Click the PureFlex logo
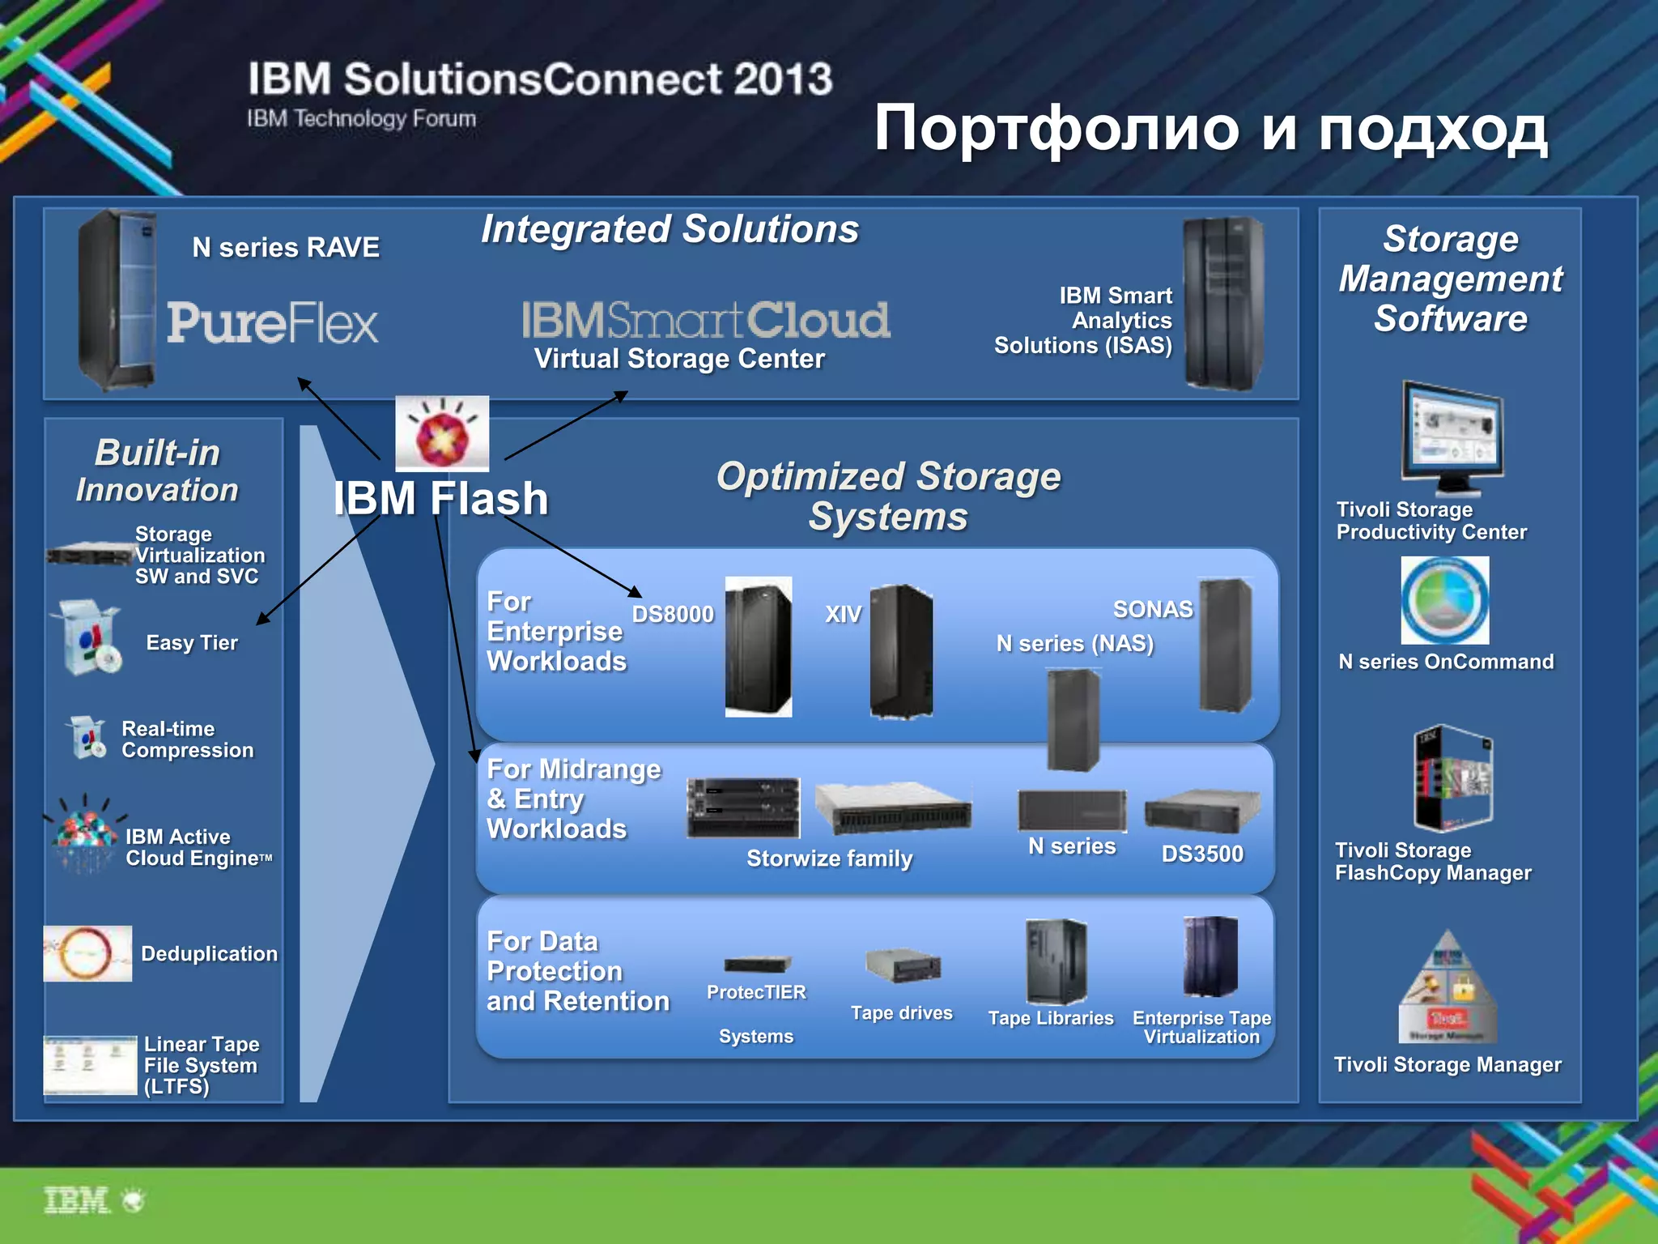tap(272, 323)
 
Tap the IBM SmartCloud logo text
tap(705, 320)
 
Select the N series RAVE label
tap(286, 247)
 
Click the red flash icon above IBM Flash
tap(442, 433)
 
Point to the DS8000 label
tap(673, 614)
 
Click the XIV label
tap(843, 614)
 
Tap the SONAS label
tap(1152, 609)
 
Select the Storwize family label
tap(829, 858)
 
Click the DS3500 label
tap(1202, 854)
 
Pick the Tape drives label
tap(901, 1012)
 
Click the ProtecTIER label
tap(756, 992)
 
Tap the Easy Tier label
tap(192, 642)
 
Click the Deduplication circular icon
tap(87, 953)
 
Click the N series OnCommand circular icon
tap(1445, 600)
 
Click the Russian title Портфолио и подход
tap(1210, 128)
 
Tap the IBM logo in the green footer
tap(77, 1200)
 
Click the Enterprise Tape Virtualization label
tap(1201, 1027)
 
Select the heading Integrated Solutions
tap(670, 229)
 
